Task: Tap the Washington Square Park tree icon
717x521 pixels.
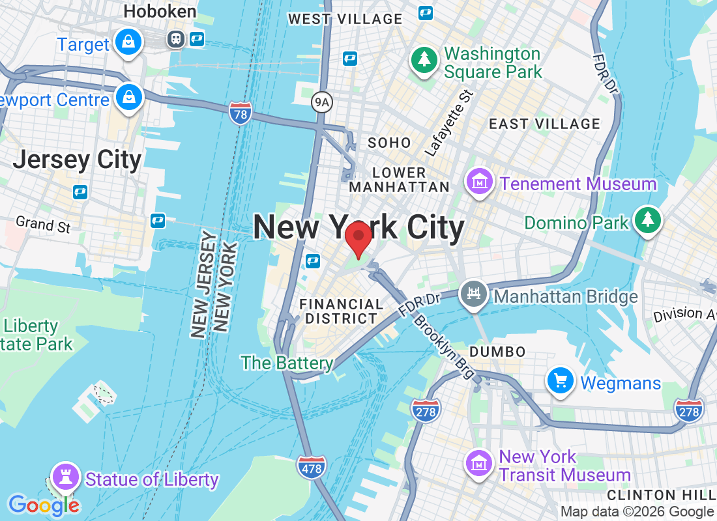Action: (x=424, y=60)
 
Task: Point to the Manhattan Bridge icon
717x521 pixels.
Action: (x=475, y=295)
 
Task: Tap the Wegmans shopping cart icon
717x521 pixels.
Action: (x=561, y=380)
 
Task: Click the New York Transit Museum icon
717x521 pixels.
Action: (x=480, y=462)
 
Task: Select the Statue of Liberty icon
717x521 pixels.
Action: (x=65, y=477)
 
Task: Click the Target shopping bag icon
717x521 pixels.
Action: (x=129, y=43)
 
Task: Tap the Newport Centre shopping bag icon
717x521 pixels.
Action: (x=129, y=98)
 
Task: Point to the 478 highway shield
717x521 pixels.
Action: (x=311, y=467)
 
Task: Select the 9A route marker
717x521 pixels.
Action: (x=321, y=102)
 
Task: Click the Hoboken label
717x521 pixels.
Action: (x=160, y=11)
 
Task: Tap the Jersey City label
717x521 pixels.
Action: (x=77, y=160)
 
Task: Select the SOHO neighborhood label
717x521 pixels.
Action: (x=390, y=143)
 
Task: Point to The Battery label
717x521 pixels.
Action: (x=287, y=363)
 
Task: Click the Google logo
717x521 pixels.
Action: (x=44, y=505)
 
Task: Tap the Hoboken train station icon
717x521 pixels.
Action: (x=175, y=39)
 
